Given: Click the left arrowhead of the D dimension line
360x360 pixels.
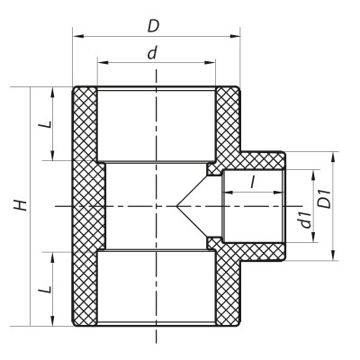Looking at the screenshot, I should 76,36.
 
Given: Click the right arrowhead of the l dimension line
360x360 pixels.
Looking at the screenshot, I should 283,193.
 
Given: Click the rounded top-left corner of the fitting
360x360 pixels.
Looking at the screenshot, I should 75,90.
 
